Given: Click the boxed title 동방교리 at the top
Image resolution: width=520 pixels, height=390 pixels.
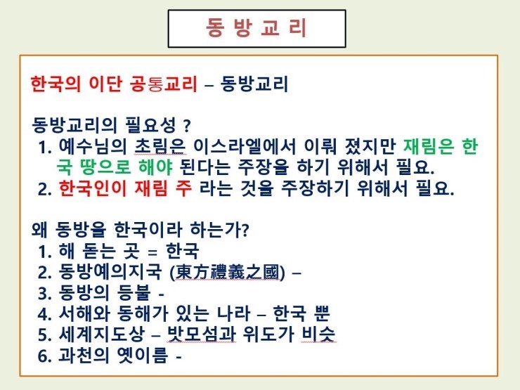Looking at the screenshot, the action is (x=256, y=28).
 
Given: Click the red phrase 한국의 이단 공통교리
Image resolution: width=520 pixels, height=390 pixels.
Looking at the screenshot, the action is (x=114, y=84).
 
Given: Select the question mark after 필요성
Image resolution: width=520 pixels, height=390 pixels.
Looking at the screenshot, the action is (x=186, y=126).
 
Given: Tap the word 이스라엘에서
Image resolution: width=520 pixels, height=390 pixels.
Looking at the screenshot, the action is (x=244, y=146).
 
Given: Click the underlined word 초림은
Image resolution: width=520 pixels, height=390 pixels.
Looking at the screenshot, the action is (x=160, y=146).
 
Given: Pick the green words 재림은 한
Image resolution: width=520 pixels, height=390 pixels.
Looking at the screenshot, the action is (x=441, y=146).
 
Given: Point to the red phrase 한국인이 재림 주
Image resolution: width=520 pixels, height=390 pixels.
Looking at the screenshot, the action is (x=125, y=188).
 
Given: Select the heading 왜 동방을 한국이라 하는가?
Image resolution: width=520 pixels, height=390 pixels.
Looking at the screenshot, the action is (x=140, y=229).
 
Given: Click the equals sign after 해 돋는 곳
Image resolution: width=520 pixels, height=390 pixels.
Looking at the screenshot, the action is (x=152, y=253).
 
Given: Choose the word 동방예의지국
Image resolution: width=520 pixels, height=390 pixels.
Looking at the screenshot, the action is (x=110, y=272).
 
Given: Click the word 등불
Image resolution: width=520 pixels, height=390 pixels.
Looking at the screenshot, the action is (x=134, y=292).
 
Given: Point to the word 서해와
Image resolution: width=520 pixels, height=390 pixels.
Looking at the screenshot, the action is (x=84, y=313).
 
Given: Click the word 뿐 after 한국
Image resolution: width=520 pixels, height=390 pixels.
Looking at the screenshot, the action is (x=320, y=313).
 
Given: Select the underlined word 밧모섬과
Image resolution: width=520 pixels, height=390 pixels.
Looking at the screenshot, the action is (x=201, y=334).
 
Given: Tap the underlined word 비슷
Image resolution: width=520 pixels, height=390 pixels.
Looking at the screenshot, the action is (x=318, y=334).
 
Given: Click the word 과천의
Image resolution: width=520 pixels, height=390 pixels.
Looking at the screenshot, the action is (x=84, y=355).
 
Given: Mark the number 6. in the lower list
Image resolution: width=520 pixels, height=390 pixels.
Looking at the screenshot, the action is (x=44, y=356).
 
